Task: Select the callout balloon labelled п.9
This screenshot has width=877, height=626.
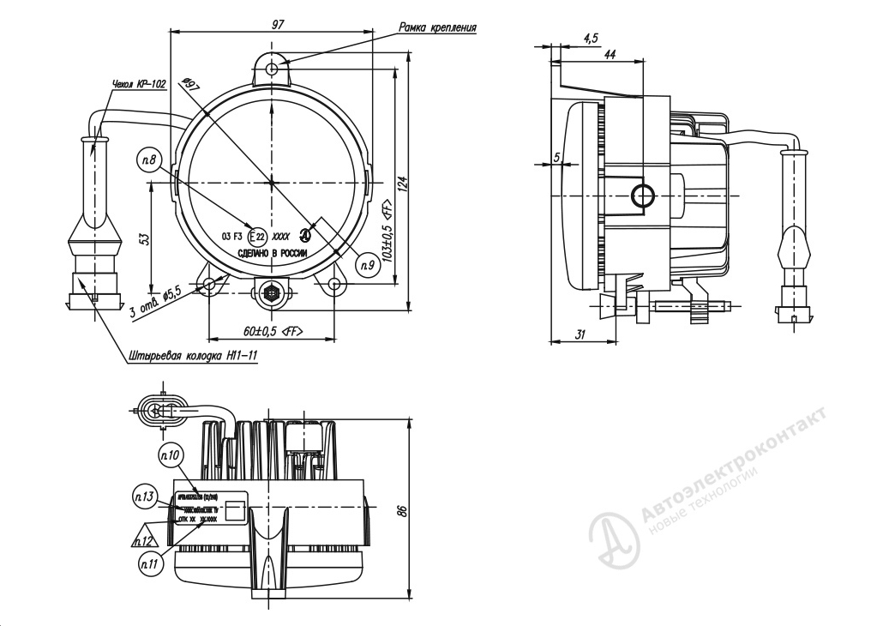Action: pos(368,267)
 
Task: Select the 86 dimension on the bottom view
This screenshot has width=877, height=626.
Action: pos(400,510)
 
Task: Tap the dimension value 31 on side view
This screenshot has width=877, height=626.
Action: pos(580,334)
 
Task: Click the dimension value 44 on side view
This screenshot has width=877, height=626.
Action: pos(610,54)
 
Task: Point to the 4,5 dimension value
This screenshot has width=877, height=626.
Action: pos(591,38)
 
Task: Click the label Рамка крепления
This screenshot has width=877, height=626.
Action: pos(437,27)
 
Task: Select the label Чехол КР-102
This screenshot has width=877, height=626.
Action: pos(139,85)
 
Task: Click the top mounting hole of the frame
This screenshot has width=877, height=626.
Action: pos(273,68)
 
